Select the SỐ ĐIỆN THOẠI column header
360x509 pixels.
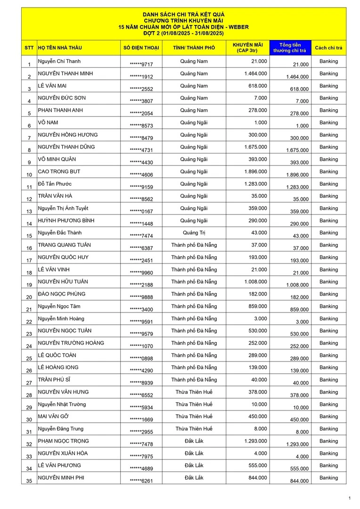[141, 48]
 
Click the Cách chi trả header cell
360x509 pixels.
[328, 48]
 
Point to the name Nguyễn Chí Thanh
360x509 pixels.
[59, 61]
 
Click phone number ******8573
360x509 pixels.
[141, 126]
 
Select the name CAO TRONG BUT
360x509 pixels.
[59, 172]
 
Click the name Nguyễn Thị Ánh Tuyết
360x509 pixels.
[63, 208]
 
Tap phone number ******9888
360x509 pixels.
[141, 297]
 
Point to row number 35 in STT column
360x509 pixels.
[29, 481]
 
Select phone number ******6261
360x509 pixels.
[141, 481]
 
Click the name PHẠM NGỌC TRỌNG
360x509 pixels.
[63, 441]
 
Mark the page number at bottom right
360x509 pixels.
[349, 498]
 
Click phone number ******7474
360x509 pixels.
[141, 236]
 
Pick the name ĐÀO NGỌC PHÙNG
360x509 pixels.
[61, 294]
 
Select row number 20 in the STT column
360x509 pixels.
[29, 297]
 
